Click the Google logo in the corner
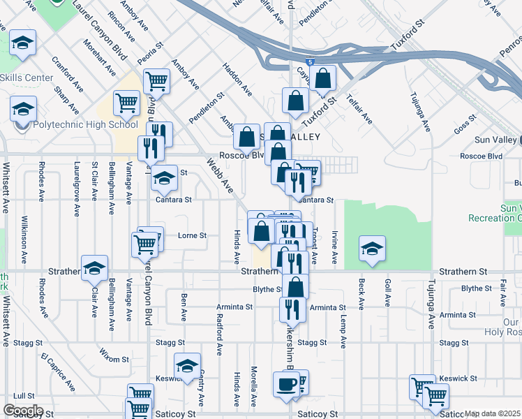[x=23, y=411]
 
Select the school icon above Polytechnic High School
[x=23, y=108]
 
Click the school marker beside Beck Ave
[x=372, y=249]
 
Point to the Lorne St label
[x=193, y=236]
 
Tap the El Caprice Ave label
[x=57, y=372]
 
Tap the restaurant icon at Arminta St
[x=292, y=309]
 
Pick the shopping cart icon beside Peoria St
[x=157, y=80]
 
